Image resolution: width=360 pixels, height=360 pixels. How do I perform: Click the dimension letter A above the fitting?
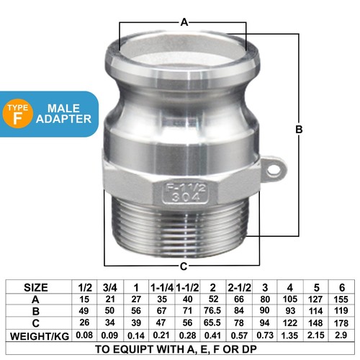[x=184, y=22]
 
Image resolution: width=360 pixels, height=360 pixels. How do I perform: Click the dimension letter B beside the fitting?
[x=299, y=130]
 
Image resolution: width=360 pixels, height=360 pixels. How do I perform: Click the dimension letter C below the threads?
[x=184, y=265]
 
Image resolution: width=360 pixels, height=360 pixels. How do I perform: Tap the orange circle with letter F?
[x=18, y=116]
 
